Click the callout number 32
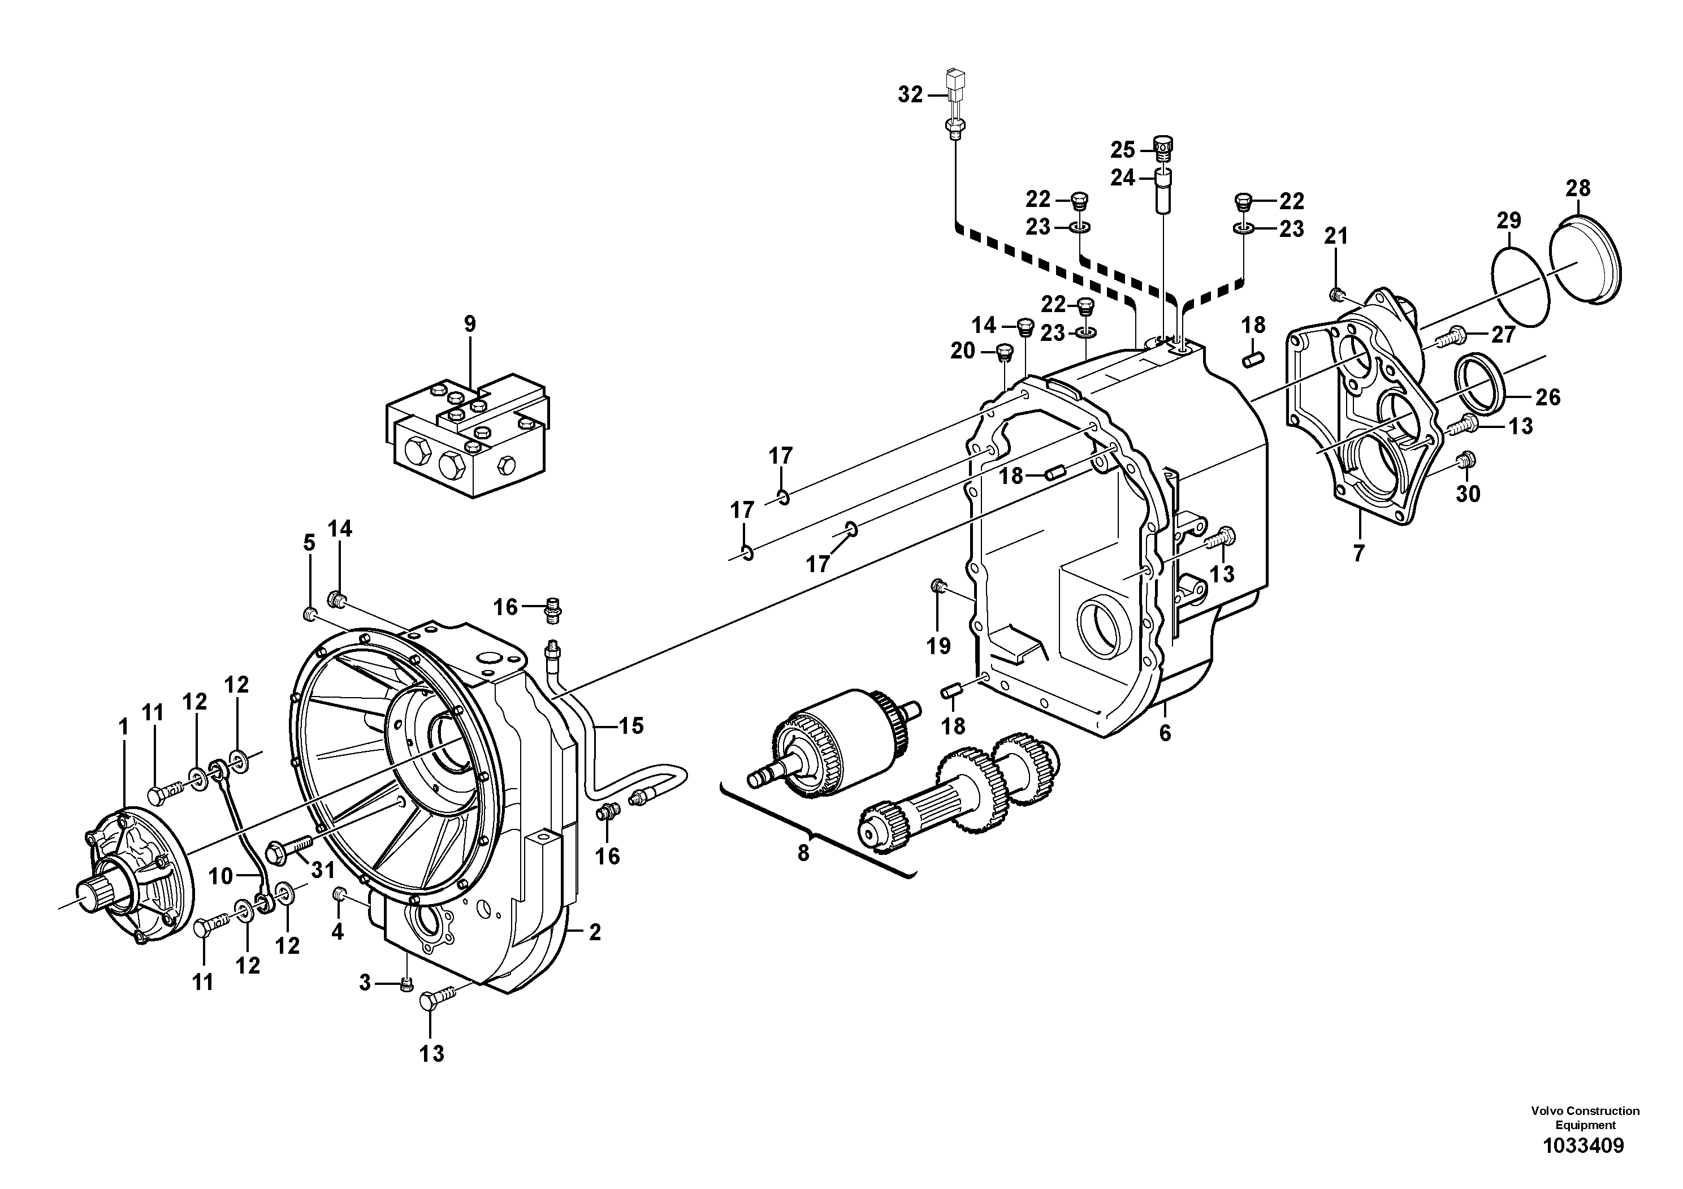[x=910, y=96]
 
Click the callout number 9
[x=469, y=323]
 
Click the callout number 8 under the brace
[x=803, y=853]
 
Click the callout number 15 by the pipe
[x=630, y=726]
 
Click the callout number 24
[x=1122, y=178]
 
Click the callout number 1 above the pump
[x=123, y=727]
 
